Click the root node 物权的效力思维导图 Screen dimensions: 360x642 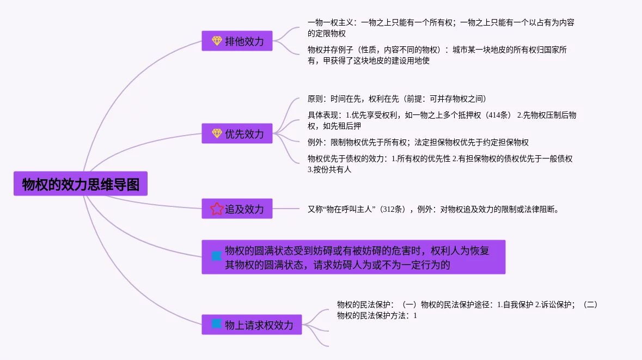tap(81, 185)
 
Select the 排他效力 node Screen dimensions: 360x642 tap(237, 41)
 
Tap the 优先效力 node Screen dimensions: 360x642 tap(237, 133)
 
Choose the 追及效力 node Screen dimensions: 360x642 tap(237, 209)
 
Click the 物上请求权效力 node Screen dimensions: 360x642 tap(252, 325)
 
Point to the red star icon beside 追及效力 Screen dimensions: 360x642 tap(217, 209)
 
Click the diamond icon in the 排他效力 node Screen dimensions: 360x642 tap(217, 41)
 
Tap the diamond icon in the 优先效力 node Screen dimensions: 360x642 tap(217, 133)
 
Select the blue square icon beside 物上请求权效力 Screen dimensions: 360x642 tap(217, 324)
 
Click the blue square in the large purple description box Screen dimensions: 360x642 tap(217, 256)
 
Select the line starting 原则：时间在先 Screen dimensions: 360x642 tap(396, 99)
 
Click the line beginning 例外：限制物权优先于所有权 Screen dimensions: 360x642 tap(418, 142)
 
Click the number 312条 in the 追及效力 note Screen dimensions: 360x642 tap(393, 209)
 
